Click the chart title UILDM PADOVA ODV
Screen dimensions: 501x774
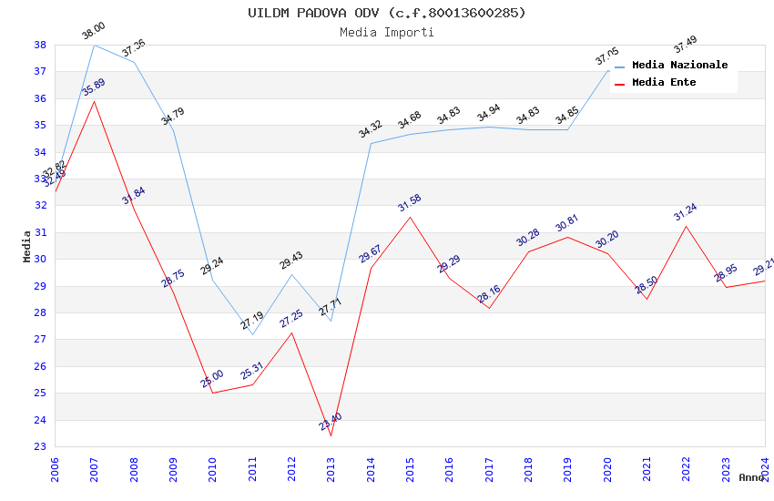[387, 13]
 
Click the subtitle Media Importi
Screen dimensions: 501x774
[387, 32]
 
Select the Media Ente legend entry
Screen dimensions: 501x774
[664, 82]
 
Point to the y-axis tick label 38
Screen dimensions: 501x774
[40, 45]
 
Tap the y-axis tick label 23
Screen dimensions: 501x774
[40, 447]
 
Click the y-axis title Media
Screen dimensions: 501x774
[27, 246]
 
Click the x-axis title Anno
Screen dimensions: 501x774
[751, 477]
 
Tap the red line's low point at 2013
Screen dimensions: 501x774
[331, 435]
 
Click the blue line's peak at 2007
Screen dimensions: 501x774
[94, 45]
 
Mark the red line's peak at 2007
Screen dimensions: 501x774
[94, 101]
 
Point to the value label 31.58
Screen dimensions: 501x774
[410, 203]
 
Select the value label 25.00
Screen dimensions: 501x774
[212, 379]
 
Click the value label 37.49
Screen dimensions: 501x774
[685, 44]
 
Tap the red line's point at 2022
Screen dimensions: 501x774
[686, 226]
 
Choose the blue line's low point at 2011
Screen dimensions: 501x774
[252, 334]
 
